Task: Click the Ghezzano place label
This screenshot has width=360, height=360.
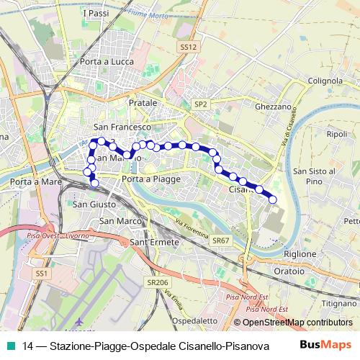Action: (273, 107)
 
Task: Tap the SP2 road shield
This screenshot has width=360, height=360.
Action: (201, 104)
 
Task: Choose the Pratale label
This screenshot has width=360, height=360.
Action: (143, 103)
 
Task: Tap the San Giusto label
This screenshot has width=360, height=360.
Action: (91, 204)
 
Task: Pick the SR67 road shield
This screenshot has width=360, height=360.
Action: (220, 240)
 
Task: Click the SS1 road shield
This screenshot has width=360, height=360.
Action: (42, 274)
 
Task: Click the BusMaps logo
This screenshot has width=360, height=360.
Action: (326, 345)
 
